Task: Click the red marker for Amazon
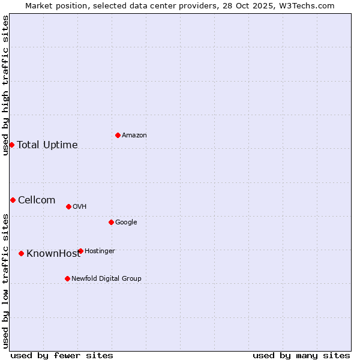(x=118, y=135)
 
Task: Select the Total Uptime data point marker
(x=11, y=145)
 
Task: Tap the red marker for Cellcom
(x=13, y=200)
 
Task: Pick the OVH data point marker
(x=68, y=206)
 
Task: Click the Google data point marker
(x=111, y=222)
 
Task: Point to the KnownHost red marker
(x=21, y=253)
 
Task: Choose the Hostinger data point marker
(x=80, y=251)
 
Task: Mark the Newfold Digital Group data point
(x=67, y=278)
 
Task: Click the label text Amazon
(x=134, y=136)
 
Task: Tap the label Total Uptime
(x=47, y=145)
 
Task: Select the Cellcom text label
(x=37, y=200)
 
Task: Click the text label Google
(x=126, y=223)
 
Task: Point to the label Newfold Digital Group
(x=106, y=279)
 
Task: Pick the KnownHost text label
(x=53, y=254)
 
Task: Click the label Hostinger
(x=100, y=251)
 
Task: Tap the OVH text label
(x=80, y=207)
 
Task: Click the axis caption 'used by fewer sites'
(x=62, y=355)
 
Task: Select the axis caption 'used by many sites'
(x=301, y=355)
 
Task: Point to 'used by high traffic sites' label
(x=5, y=85)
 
